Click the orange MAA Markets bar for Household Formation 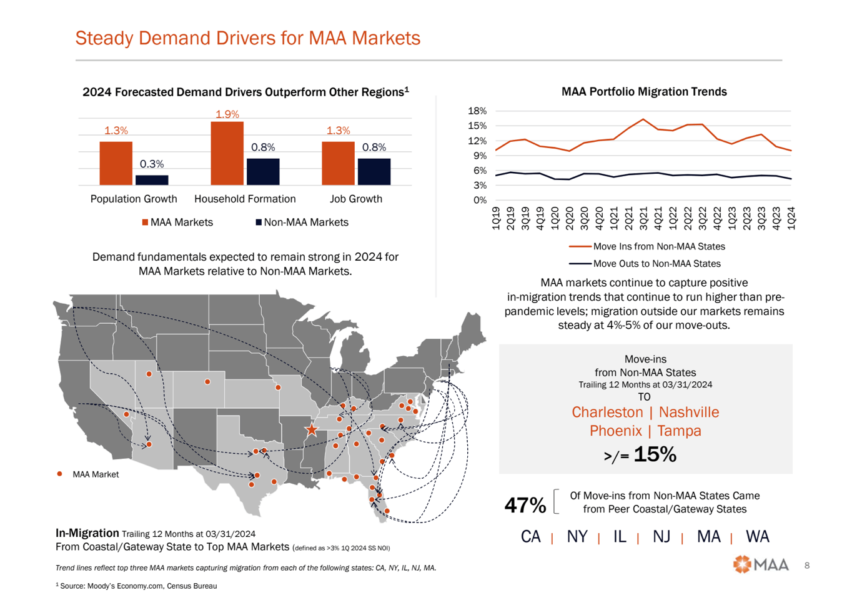coord(227,153)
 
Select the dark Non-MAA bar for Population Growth coord(152,180)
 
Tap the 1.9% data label coord(227,114)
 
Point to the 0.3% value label coord(152,164)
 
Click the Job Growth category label coord(355,199)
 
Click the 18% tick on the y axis coord(477,111)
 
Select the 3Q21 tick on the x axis coord(643,218)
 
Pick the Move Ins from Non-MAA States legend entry coord(658,247)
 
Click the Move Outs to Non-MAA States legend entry coord(656,264)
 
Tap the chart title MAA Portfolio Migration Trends coord(644,92)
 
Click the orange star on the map coord(311,429)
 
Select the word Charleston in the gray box coord(607,412)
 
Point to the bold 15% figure coord(655,454)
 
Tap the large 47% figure coord(525,505)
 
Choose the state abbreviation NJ coord(661,537)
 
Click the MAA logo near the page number coord(761,564)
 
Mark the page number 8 coord(807,566)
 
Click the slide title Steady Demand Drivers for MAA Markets coord(247,38)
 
